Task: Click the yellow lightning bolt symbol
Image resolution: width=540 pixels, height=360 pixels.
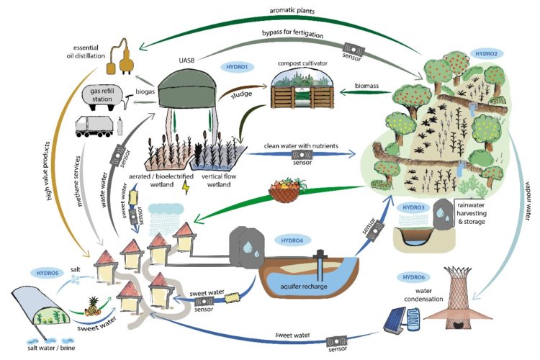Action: click(188, 186)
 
